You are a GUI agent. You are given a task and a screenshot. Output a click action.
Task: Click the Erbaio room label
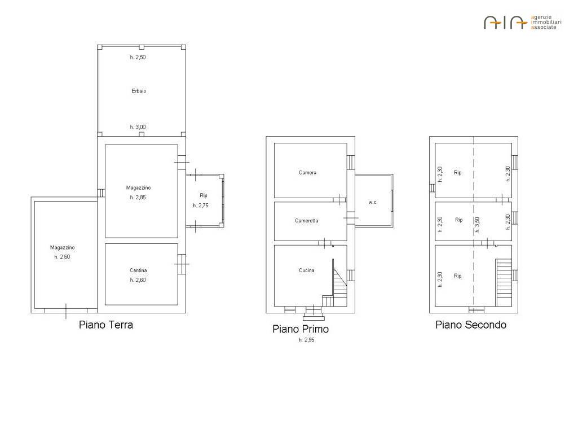point(139,91)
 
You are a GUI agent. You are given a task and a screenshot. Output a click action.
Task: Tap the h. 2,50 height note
point(138,57)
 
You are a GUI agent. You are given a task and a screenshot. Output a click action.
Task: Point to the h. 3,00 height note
point(138,127)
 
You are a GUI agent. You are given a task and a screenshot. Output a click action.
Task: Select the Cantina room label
point(138,270)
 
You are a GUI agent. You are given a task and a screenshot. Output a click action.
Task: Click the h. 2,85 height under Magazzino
point(138,198)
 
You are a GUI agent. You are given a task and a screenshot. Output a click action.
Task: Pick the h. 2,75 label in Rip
point(201,206)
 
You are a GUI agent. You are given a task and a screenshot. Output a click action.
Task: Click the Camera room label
point(307,173)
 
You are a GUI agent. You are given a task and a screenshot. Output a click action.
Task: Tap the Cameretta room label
point(306,221)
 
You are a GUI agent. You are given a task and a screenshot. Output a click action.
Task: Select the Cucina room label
point(306,270)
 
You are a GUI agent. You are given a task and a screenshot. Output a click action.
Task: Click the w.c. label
point(373,202)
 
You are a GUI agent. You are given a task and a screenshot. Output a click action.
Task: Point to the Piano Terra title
point(106,325)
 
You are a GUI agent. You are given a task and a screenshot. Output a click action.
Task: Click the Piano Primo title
point(301,329)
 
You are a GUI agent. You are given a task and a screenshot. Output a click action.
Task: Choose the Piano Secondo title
point(471,325)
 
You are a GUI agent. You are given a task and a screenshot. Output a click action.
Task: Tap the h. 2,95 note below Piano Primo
point(306,340)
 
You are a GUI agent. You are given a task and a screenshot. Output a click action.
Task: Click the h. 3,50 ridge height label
point(478,225)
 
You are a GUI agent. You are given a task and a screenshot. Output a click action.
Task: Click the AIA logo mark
point(506,23)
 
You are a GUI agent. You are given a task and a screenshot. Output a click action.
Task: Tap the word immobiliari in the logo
point(546,22)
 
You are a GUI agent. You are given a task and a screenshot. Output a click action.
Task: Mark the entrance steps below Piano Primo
point(314,313)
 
